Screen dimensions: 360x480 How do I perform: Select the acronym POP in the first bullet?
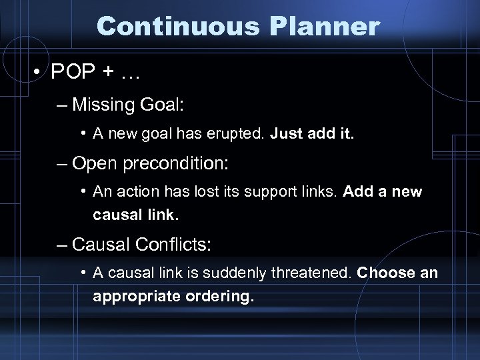click(78, 71)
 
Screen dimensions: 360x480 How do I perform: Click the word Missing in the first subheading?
click(100, 105)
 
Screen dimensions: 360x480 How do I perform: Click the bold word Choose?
click(383, 274)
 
